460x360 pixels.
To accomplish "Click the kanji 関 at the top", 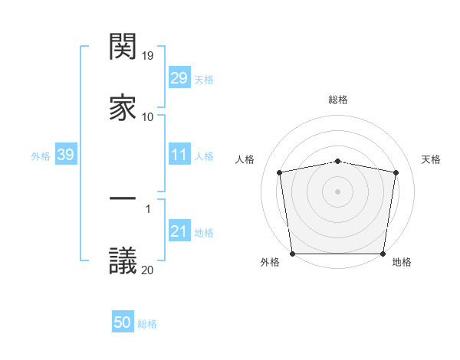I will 123,47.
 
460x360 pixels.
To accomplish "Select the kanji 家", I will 123,107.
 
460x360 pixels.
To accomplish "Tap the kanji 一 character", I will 123,198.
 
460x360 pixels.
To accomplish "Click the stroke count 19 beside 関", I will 148,55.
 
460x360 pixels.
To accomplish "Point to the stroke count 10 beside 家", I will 148,116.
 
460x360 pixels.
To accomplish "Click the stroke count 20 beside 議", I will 148,269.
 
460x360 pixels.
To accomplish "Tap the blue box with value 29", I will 179,78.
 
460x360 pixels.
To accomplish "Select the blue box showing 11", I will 179,155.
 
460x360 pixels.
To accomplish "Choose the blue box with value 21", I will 179,232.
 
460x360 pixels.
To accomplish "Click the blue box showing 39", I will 65,155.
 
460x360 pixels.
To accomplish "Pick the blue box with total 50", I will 123,323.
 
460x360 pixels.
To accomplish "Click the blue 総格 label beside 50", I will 147,324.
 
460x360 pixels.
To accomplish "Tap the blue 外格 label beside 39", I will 41,156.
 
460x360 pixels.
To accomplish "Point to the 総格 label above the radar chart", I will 337,100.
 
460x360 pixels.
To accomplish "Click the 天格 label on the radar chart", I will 431,159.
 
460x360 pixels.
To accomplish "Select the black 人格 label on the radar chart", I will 245,159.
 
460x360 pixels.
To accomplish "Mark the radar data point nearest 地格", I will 383,254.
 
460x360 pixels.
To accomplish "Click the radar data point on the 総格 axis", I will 337,161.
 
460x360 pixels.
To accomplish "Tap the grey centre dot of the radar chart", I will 337,191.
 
